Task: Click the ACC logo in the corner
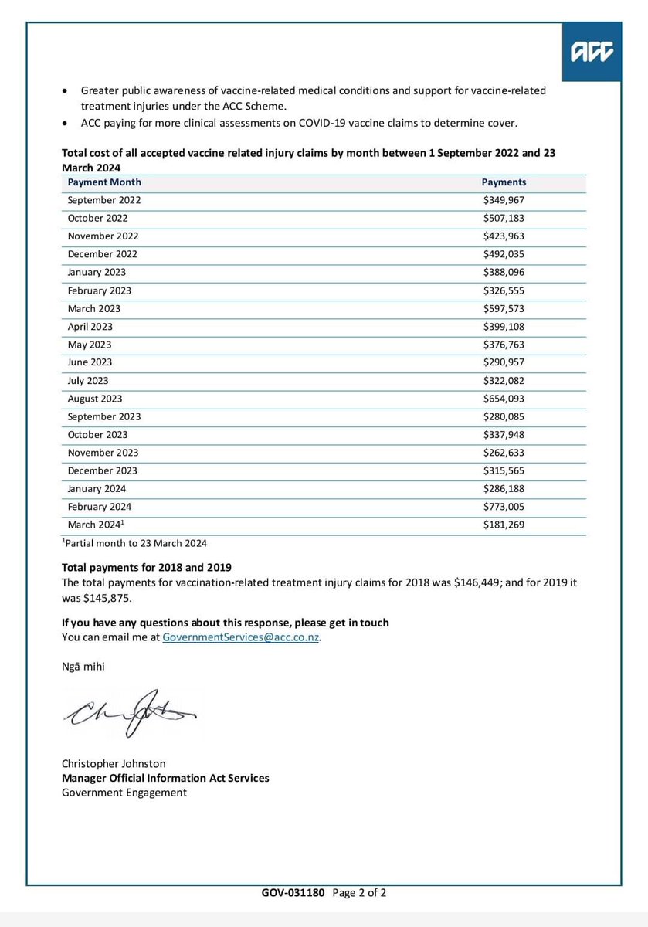(592, 52)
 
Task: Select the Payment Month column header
(104, 182)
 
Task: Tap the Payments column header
(504, 182)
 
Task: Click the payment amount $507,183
(504, 219)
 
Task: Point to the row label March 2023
(93, 309)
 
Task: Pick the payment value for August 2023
(504, 399)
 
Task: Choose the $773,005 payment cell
(504, 507)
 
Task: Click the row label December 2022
(103, 254)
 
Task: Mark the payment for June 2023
(504, 363)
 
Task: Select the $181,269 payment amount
(504, 525)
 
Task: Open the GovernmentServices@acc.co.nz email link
(241, 638)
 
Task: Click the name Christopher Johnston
(114, 764)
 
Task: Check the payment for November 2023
(504, 453)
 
